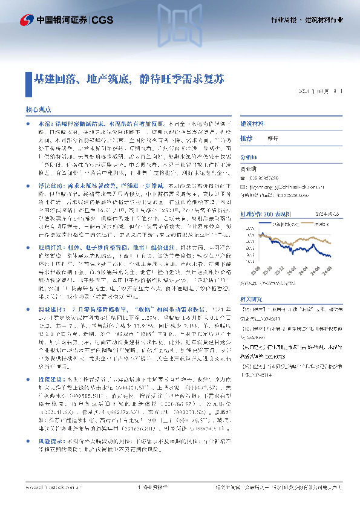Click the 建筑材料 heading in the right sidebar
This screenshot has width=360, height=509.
(252, 123)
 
